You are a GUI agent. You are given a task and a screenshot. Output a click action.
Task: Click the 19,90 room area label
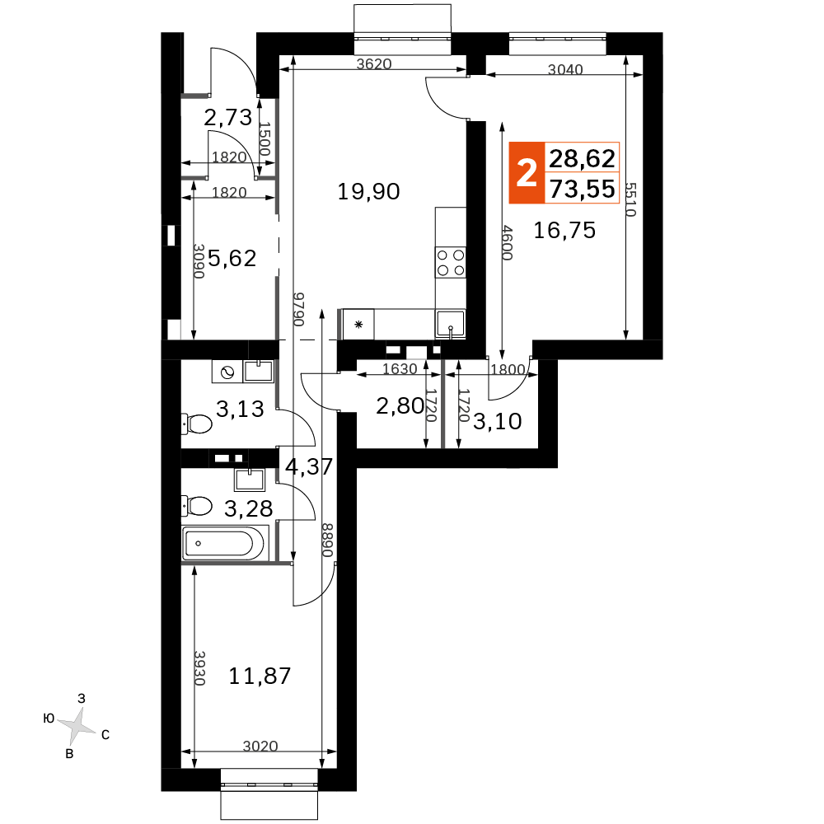coord(368,192)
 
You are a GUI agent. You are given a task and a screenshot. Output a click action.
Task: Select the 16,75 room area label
coord(564,230)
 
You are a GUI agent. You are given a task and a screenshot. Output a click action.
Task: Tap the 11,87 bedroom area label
coord(260,676)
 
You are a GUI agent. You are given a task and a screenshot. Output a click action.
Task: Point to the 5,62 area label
coord(232,258)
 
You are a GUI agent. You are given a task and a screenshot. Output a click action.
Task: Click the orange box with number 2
coord(527,172)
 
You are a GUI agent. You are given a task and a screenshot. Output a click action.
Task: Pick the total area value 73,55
coord(583,189)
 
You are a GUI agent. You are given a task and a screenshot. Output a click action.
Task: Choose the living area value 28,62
coord(583,158)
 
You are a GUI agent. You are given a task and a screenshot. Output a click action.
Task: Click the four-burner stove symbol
coord(451,262)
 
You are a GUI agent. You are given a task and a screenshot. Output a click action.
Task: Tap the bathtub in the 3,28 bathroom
coord(225,543)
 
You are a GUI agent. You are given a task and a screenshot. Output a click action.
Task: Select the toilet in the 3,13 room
coord(197,423)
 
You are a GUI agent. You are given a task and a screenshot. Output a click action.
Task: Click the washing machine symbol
coord(227,372)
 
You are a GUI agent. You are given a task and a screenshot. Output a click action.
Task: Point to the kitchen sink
coord(451,323)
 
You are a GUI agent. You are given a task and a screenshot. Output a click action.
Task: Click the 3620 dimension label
coord(373,64)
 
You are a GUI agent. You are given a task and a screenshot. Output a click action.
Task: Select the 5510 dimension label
coord(630,199)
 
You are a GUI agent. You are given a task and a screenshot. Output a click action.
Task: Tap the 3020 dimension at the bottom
coord(260,746)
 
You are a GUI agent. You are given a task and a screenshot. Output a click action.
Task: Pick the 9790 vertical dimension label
coord(298,309)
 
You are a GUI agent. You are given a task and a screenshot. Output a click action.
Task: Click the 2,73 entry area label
coord(228,118)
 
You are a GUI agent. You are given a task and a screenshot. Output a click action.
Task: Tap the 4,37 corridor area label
coord(309,466)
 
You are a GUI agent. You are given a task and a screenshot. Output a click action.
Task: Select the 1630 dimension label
coord(400,369)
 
